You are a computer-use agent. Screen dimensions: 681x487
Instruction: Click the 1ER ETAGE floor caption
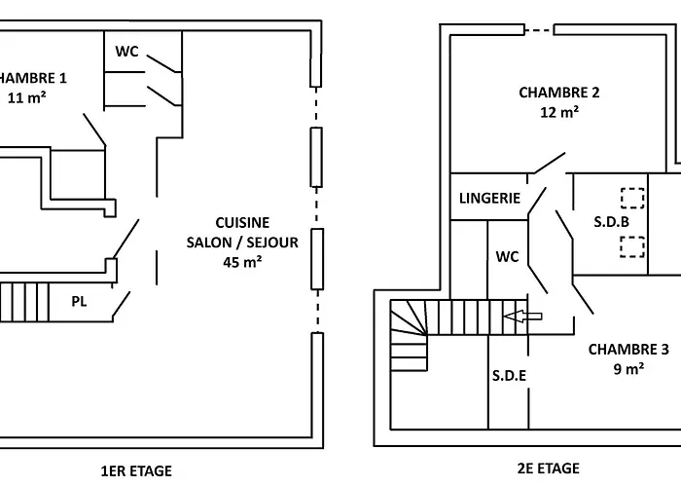(136, 470)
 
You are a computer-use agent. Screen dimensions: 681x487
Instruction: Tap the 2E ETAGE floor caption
(549, 468)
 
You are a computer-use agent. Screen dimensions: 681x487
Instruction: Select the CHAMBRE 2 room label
(559, 93)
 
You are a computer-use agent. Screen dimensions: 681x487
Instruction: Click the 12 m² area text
(559, 112)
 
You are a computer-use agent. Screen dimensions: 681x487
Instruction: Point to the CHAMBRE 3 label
(628, 349)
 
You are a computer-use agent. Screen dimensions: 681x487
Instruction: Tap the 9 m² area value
(628, 369)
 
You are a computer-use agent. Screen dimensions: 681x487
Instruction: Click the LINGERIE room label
(489, 199)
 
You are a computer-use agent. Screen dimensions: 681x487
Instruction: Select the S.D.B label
(612, 222)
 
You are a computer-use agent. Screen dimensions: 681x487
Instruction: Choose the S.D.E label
(509, 375)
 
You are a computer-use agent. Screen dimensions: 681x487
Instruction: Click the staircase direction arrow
(522, 317)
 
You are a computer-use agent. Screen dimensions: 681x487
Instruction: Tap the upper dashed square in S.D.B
(632, 198)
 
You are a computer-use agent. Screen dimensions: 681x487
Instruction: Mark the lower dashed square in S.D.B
(632, 246)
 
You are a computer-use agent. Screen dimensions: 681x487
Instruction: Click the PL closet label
(79, 301)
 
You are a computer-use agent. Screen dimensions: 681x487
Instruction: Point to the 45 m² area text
(242, 262)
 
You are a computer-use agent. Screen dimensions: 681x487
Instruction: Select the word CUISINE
(242, 223)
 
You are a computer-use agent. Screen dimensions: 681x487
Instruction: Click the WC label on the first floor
(126, 52)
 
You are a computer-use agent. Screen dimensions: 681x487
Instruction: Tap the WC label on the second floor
(507, 256)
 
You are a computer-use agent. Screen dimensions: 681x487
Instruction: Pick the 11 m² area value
(27, 97)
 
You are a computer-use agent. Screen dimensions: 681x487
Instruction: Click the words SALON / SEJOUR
(242, 243)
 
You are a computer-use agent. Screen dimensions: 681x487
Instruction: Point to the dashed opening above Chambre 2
(539, 30)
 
